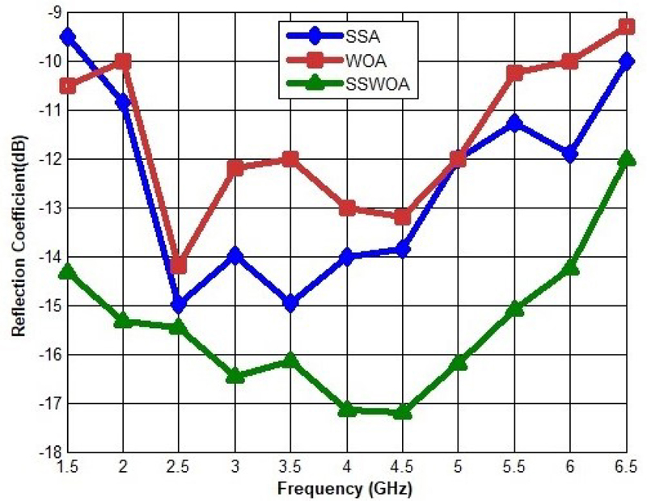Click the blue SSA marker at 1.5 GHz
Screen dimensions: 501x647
(x=67, y=36)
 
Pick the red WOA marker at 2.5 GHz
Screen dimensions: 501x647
(x=179, y=266)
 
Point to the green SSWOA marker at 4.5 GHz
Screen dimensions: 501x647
(x=402, y=412)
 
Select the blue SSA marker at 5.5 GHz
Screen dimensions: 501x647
(x=514, y=123)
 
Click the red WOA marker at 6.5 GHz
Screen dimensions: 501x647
(x=625, y=27)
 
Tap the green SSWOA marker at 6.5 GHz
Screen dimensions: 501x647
(x=625, y=158)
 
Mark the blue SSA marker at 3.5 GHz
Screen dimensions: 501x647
(x=290, y=304)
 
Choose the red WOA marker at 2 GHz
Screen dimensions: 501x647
(x=123, y=61)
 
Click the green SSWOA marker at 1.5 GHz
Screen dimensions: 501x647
(x=67, y=271)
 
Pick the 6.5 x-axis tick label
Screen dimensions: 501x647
(x=625, y=467)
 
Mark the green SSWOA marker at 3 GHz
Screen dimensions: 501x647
(x=235, y=375)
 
